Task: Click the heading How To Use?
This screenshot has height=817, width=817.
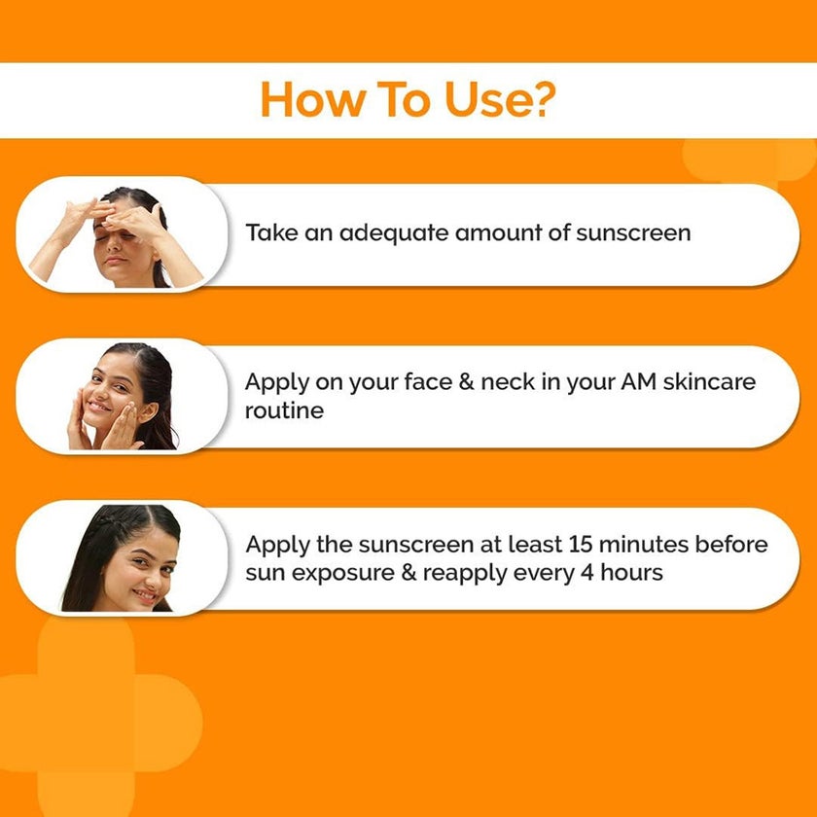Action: [408, 100]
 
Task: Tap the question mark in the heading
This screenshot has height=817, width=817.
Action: [546, 100]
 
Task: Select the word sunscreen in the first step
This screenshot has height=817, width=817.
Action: [633, 233]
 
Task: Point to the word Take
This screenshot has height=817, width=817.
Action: [268, 233]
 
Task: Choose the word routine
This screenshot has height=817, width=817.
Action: [284, 411]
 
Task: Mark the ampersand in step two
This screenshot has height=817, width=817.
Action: [464, 382]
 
